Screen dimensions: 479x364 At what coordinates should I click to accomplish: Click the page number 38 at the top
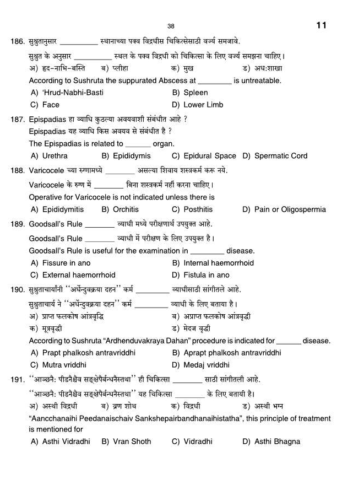(x=171, y=26)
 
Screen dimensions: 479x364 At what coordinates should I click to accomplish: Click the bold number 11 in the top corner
(x=322, y=25)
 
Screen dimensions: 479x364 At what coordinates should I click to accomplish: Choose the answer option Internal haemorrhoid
(x=213, y=263)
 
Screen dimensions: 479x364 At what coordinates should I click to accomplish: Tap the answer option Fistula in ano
(x=200, y=275)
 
